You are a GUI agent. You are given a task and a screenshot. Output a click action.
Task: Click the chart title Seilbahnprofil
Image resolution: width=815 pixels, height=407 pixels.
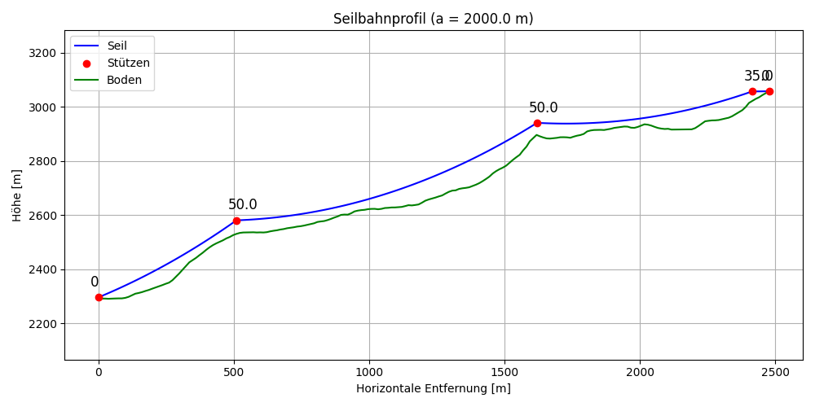click(x=433, y=19)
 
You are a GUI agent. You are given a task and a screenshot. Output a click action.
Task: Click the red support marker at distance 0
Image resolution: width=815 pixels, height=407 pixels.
click(x=99, y=297)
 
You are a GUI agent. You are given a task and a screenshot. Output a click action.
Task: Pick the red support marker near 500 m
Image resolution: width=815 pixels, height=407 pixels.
click(x=236, y=221)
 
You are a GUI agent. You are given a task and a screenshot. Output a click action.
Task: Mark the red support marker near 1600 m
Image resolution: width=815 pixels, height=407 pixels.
click(x=537, y=123)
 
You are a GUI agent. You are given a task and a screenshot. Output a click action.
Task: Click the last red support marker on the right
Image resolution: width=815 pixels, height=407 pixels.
click(x=769, y=91)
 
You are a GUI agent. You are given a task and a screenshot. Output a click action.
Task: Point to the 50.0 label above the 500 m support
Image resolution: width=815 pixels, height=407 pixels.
click(x=242, y=205)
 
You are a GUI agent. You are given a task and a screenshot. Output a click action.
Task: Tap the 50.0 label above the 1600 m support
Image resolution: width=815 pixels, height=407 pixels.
click(x=543, y=108)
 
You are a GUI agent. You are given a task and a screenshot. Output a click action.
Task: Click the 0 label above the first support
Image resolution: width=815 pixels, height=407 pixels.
click(x=95, y=282)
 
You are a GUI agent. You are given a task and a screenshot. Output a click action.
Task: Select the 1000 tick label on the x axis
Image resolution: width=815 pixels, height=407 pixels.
click(x=369, y=372)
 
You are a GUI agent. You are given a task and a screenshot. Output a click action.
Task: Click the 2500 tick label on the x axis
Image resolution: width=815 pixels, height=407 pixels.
click(x=775, y=372)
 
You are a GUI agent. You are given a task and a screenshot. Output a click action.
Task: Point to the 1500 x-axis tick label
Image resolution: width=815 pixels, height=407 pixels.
click(x=504, y=372)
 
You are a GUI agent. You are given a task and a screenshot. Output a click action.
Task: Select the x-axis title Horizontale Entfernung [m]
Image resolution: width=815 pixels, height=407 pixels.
click(x=433, y=389)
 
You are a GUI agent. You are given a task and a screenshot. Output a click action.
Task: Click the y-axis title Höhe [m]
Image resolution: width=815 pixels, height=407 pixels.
click(x=17, y=195)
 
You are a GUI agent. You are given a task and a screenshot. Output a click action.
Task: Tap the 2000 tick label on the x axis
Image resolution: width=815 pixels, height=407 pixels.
click(x=640, y=372)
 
